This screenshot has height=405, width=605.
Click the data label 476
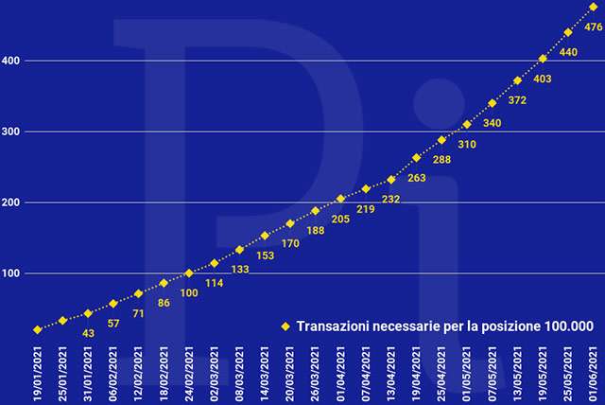pyautogui.click(x=594, y=27)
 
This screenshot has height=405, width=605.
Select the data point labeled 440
pyautogui.click(x=568, y=32)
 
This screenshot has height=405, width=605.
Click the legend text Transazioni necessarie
pyautogui.click(x=444, y=326)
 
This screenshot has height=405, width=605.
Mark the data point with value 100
pyautogui.click(x=189, y=273)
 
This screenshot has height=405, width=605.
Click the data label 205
pyautogui.click(x=341, y=219)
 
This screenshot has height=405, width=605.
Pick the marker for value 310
pyautogui.click(x=467, y=125)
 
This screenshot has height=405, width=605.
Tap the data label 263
pyautogui.click(x=417, y=178)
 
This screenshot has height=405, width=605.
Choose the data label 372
pyautogui.click(x=518, y=100)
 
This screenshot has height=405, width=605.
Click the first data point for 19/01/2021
pyautogui.click(x=38, y=329)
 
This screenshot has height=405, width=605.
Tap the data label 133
pyautogui.click(x=240, y=270)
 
